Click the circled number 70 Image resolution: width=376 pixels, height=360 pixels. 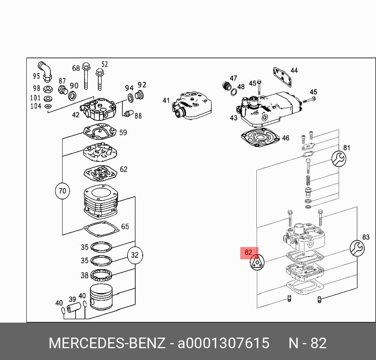(x=62, y=191)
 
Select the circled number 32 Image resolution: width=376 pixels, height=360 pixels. (x=135, y=255)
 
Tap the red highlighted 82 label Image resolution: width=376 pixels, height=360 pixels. (x=249, y=253)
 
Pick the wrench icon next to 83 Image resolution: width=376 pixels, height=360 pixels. (x=357, y=248)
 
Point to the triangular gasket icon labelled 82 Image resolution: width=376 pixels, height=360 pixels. (x=257, y=262)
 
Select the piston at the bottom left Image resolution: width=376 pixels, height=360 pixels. (x=101, y=298)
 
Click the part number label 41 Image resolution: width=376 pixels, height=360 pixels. (x=166, y=101)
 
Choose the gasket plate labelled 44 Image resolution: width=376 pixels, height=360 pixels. (x=282, y=77)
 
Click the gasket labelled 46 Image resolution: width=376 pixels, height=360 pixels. (x=260, y=140)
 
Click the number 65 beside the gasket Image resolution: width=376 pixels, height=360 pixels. (x=125, y=227)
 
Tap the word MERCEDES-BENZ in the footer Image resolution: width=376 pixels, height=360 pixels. (x=107, y=343)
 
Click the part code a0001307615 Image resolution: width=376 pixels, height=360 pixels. (x=223, y=343)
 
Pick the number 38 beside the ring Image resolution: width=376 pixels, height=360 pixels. (x=85, y=275)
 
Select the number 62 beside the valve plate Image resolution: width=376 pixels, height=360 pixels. (x=123, y=170)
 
